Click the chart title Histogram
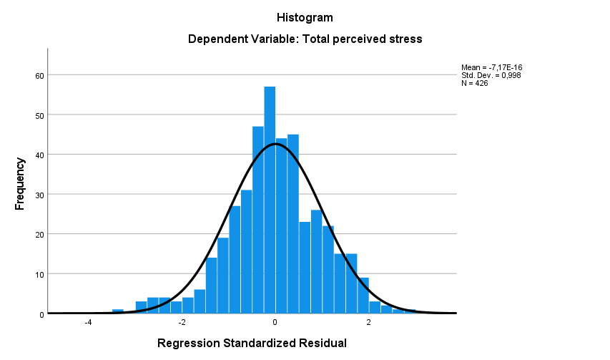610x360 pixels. (305, 17)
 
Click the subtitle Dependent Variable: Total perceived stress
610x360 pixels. (305, 39)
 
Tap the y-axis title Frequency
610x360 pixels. (20, 184)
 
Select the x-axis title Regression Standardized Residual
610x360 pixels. (252, 344)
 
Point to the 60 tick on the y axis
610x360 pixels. (40, 75)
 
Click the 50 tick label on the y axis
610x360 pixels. (40, 115)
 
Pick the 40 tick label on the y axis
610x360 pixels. (40, 155)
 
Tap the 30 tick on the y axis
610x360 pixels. (40, 195)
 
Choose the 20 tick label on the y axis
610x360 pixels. (40, 234)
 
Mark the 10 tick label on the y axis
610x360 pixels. (40, 274)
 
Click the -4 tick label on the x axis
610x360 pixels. (88, 322)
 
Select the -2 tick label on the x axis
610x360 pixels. (182, 322)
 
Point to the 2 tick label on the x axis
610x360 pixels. (369, 322)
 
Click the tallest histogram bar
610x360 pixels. (270, 200)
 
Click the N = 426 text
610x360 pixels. (475, 84)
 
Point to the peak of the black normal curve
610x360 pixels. (275, 144)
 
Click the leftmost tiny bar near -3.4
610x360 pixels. (118, 311)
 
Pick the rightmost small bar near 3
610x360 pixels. (410, 311)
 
